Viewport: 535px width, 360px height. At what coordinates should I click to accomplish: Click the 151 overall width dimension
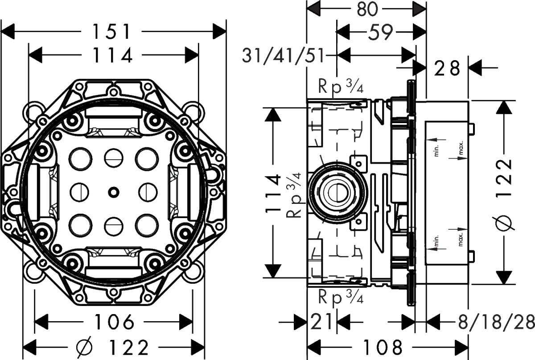point(112,31)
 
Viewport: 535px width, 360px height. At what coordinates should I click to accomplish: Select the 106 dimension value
point(114,322)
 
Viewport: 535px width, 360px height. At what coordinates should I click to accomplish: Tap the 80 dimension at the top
point(367,9)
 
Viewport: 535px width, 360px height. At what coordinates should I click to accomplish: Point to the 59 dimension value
point(380,32)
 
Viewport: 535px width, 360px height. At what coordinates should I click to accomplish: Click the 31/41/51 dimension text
point(283,56)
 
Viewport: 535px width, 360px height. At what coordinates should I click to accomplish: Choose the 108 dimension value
point(383,347)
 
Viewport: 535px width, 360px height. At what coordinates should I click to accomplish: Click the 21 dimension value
point(321,322)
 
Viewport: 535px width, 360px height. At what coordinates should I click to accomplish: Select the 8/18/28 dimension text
point(496,322)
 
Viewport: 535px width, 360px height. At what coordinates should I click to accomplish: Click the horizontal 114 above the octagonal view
point(113,55)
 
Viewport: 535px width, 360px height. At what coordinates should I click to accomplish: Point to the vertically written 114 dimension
point(273,194)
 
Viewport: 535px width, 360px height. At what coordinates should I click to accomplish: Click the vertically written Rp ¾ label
point(294,194)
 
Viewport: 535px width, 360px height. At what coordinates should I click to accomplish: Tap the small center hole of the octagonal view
point(113,192)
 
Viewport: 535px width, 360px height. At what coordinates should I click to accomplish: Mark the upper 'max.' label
point(461,148)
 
